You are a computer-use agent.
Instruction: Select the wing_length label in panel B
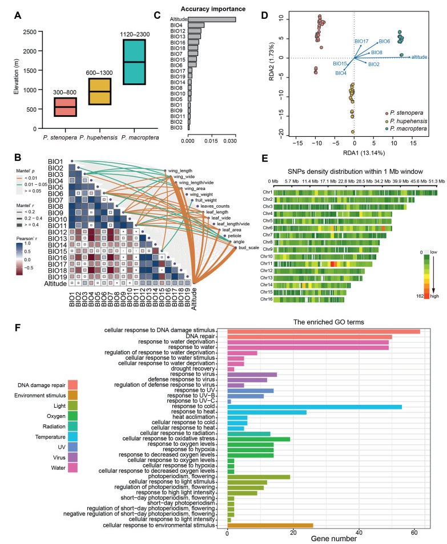[x=180, y=170]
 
